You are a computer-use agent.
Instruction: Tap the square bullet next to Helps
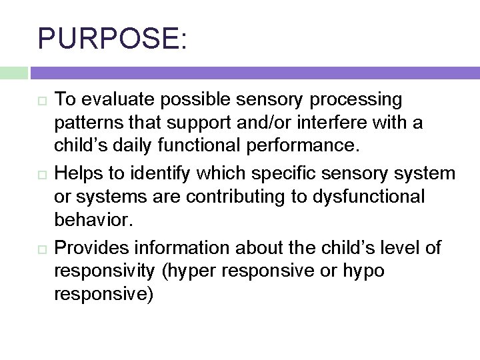(42, 175)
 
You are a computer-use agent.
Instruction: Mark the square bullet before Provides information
(42, 249)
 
